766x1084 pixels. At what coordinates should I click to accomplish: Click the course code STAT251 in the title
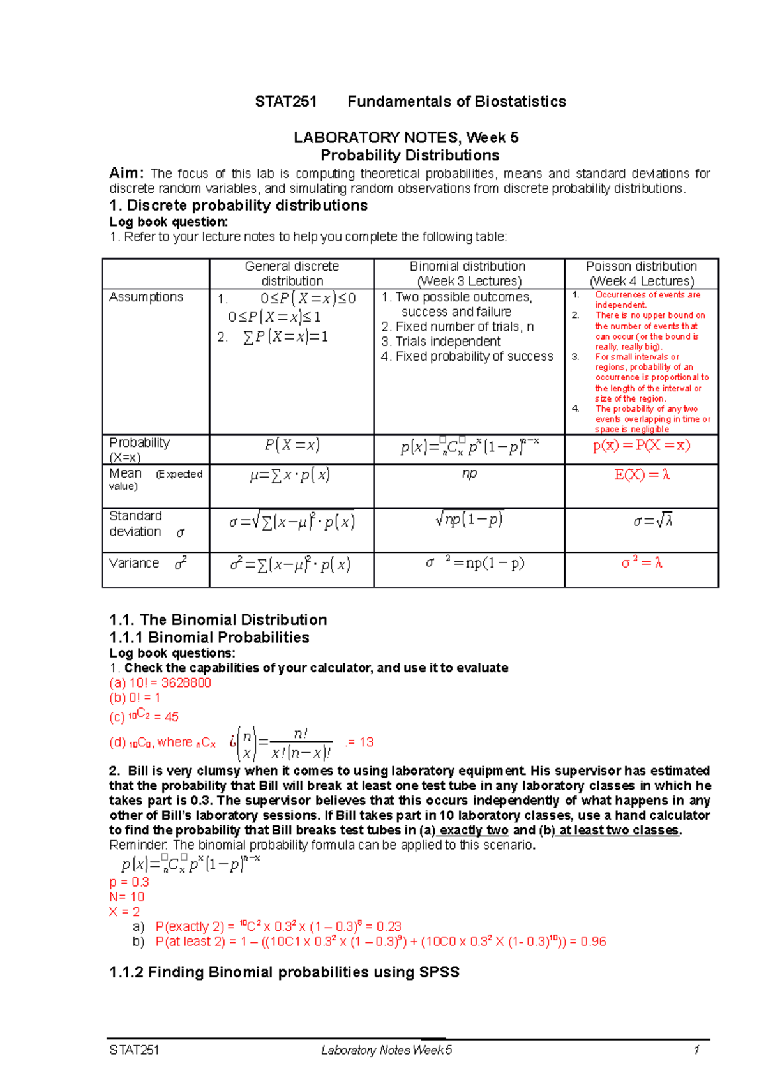pos(285,102)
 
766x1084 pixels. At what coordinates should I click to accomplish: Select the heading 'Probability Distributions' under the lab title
pos(410,155)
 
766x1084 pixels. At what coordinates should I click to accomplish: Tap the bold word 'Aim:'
pos(126,173)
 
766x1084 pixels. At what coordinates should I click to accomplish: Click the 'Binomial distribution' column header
pos(468,266)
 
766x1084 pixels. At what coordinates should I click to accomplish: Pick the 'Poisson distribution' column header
pos(641,266)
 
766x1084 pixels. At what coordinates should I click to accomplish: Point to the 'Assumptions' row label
pos(146,297)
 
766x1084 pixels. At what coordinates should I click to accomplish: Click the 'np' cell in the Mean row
pos(469,474)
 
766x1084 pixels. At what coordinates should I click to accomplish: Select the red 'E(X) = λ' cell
pos(642,474)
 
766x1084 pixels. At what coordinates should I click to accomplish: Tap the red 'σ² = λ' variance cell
pos(642,563)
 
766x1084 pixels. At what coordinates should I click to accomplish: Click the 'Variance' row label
pos(134,563)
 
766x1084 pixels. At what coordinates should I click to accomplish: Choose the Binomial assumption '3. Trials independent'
pos(441,342)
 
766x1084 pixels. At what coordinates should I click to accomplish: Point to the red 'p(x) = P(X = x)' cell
pos(642,445)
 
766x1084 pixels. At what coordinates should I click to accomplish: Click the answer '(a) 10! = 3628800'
pos(160,682)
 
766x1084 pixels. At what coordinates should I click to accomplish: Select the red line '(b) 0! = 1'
pos(135,697)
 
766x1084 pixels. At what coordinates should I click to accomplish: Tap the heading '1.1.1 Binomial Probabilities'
pos(209,637)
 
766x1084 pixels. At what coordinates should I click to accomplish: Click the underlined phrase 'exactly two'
pos(474,830)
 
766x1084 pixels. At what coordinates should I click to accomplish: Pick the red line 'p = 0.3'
pos(129,882)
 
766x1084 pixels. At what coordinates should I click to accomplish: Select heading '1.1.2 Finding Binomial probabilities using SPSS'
pos(284,972)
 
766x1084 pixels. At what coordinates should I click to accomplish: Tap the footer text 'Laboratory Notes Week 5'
pos(387,1050)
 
